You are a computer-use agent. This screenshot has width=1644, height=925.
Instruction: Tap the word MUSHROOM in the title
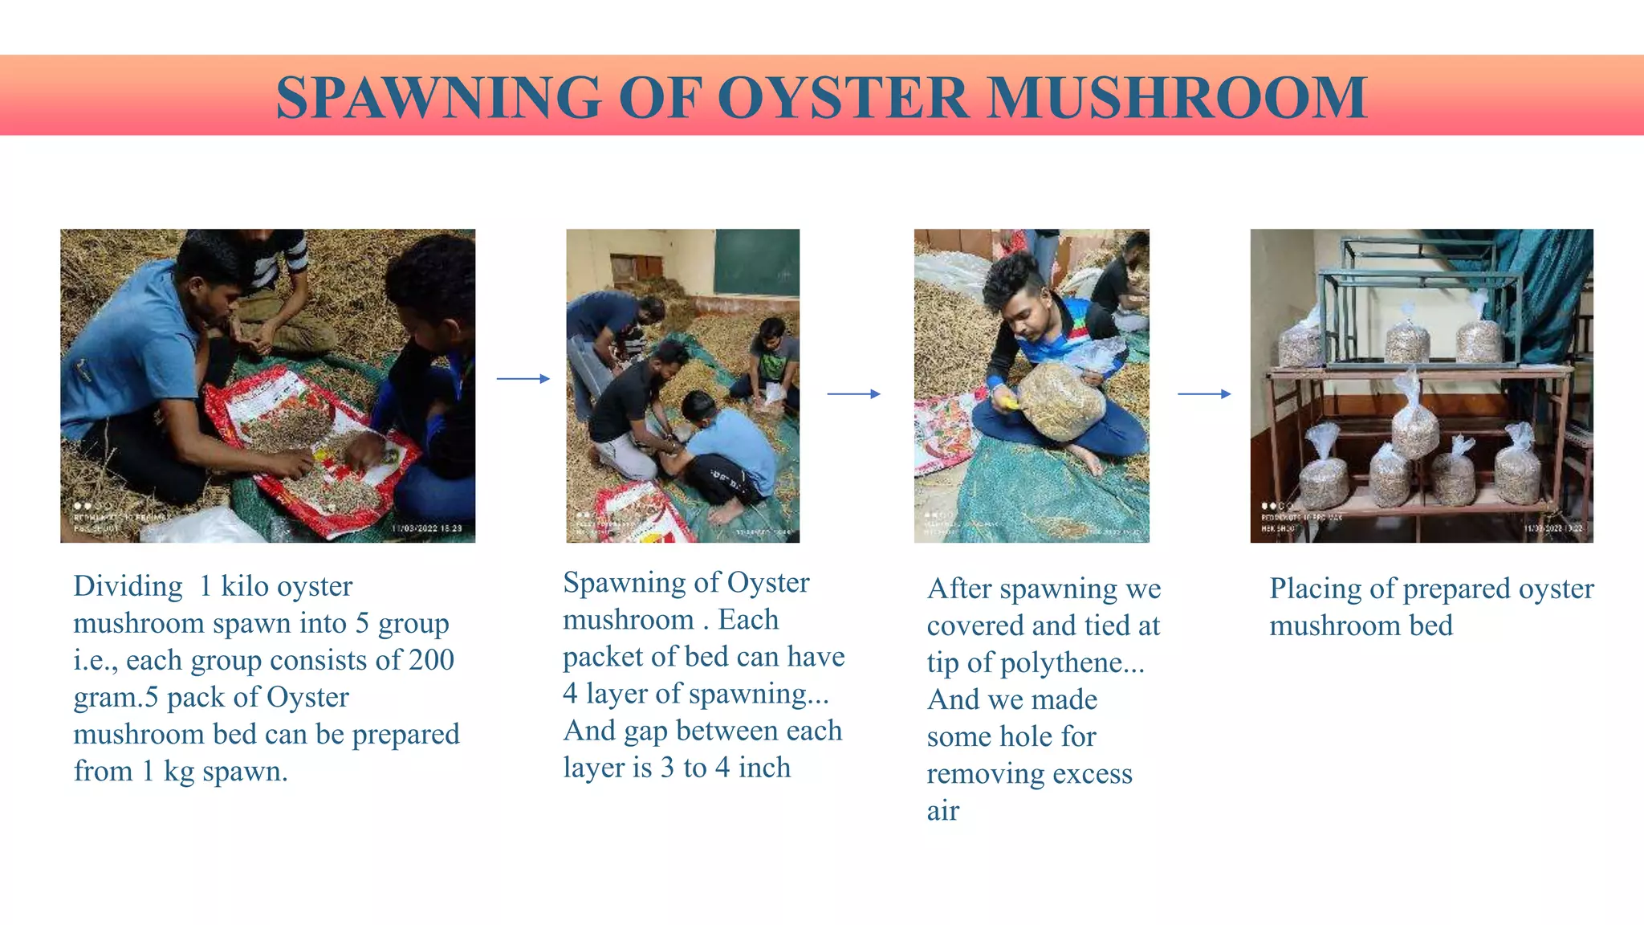[x=1178, y=98]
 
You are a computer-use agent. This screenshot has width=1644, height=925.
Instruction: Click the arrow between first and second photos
[x=523, y=378]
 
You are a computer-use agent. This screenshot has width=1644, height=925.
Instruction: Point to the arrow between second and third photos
[x=853, y=393]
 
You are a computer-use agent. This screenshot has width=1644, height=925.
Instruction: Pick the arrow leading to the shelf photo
[x=1203, y=393]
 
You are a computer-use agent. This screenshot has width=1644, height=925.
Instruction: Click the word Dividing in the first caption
[x=128, y=587]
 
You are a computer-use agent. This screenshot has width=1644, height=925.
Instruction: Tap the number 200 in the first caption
[x=432, y=660]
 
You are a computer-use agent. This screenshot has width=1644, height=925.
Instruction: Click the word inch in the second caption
[x=764, y=768]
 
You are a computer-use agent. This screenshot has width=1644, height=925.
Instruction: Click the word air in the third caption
[x=942, y=811]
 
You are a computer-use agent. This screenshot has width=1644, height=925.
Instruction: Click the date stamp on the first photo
[x=427, y=528]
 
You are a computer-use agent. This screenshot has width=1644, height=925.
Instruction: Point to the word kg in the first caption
[x=178, y=772]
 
